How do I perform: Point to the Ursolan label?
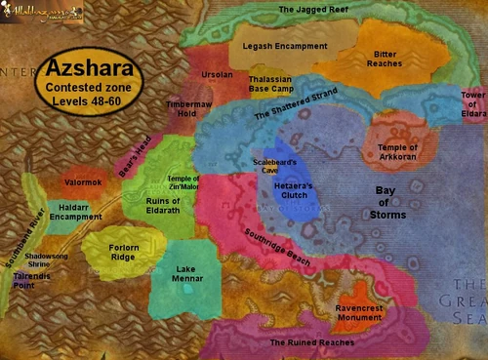(x=216, y=73)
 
